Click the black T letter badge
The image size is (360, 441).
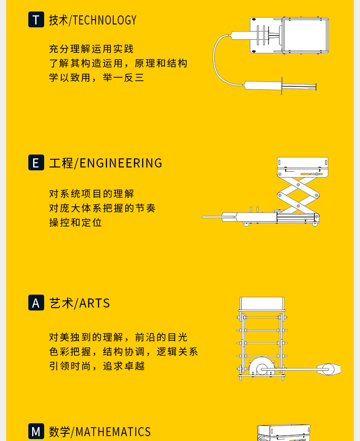point(36,20)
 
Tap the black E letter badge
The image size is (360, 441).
point(36,163)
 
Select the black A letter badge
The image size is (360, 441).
point(36,303)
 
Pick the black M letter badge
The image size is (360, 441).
point(36,431)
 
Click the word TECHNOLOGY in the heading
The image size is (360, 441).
point(105,20)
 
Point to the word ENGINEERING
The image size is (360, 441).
point(121,163)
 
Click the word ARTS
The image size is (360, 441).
point(95,303)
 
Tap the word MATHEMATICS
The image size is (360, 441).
point(113,432)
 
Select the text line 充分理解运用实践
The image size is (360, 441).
point(91,49)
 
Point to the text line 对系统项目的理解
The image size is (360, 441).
point(91,194)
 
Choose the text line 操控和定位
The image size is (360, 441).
point(75,223)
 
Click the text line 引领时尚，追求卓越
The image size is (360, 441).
point(96,366)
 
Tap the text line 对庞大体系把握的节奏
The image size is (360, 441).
point(102,208)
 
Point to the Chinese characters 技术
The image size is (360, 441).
point(59,20)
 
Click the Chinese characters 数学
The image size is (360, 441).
point(60,432)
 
